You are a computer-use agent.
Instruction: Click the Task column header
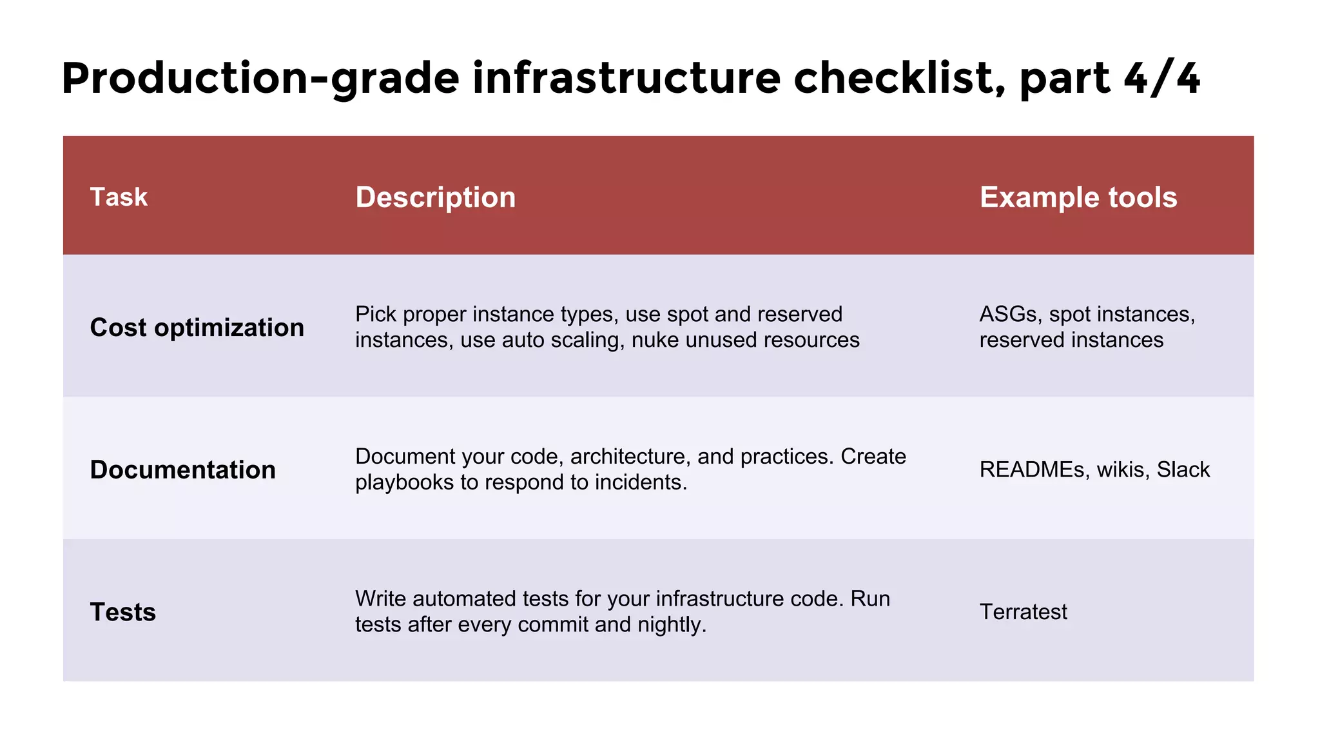pos(119,197)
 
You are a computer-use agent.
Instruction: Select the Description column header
pos(435,197)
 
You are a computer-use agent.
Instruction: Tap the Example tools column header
pos(1078,197)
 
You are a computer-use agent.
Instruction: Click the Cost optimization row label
pos(197,328)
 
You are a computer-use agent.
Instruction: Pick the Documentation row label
pos(182,470)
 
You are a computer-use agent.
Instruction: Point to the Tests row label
pos(122,612)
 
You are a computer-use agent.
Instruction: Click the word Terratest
pos(1023,612)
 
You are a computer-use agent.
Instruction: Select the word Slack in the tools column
pos(1183,470)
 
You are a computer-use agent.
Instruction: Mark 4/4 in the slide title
pos(1161,79)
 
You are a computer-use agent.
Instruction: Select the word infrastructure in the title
pos(626,79)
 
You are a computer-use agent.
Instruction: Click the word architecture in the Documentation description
pos(630,457)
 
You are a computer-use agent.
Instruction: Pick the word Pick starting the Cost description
pos(376,314)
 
